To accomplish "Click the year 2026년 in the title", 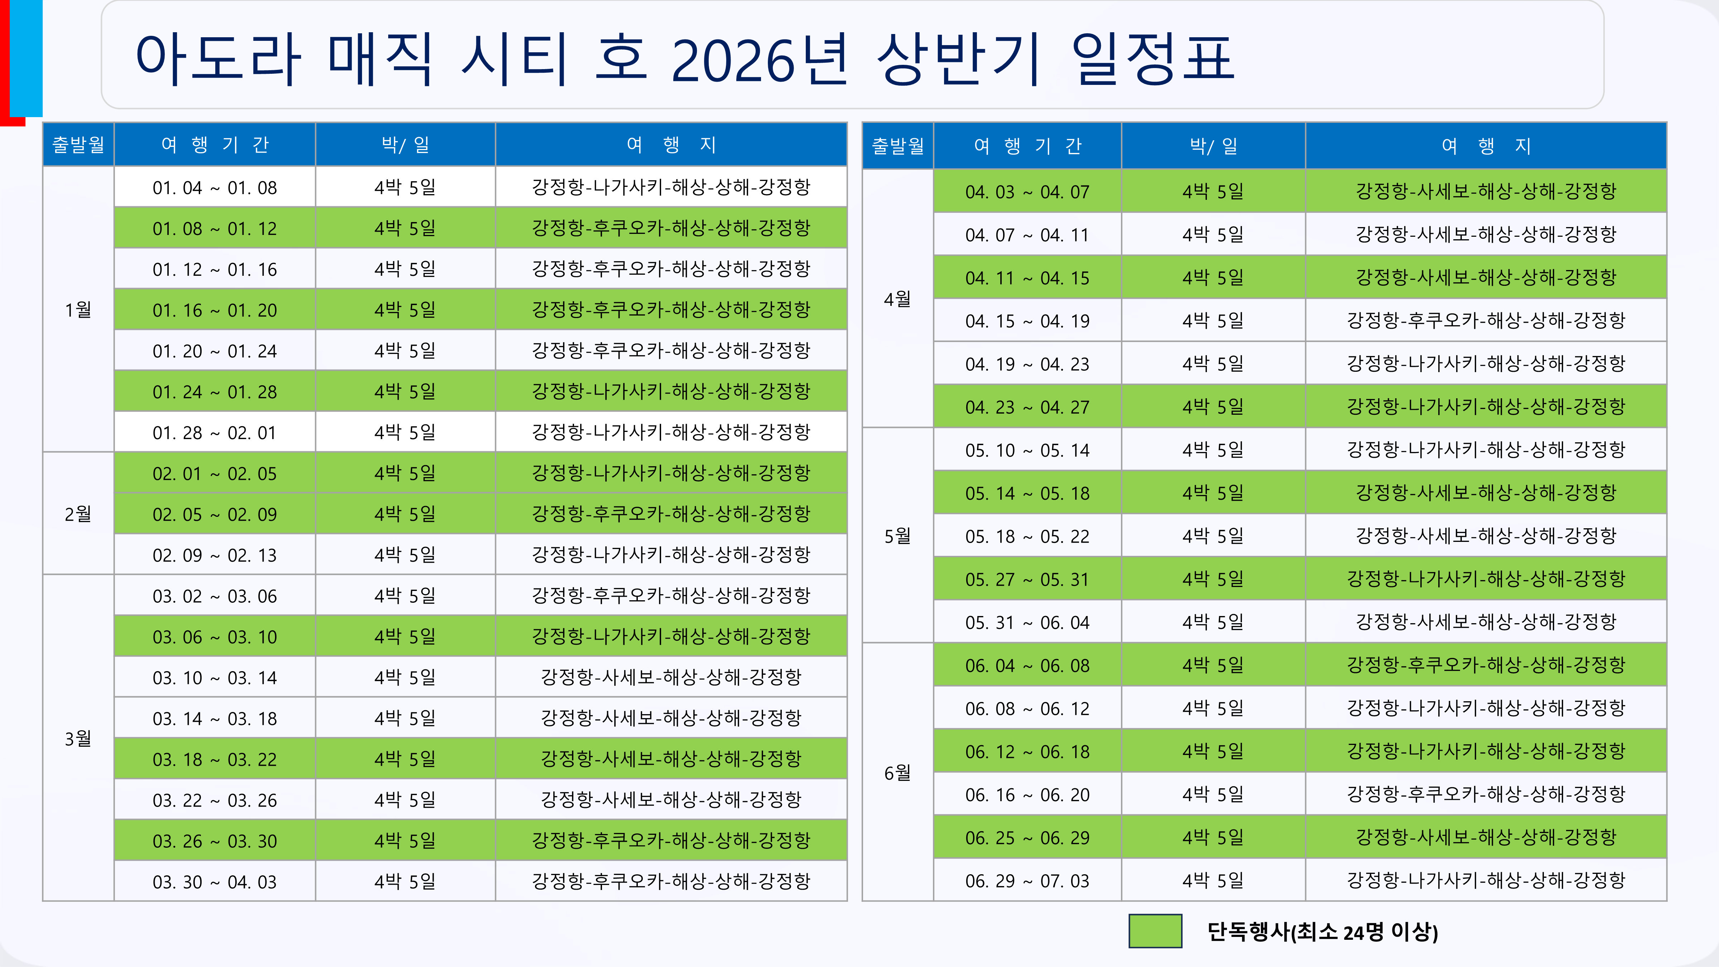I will point(759,60).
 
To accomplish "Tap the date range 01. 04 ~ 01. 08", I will point(214,188).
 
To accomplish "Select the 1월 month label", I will point(78,310).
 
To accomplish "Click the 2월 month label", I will point(78,514).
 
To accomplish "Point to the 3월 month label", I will point(78,738).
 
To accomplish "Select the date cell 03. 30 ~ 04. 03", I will point(214,881).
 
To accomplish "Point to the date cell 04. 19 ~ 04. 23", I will point(1027,364).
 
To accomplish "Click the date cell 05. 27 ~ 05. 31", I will point(1027,579).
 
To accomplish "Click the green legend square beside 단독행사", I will point(1155,931).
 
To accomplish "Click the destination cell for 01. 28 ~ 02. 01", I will point(671,432).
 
